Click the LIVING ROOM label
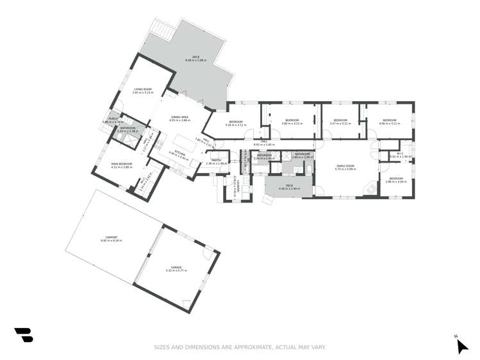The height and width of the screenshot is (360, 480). (x=142, y=89)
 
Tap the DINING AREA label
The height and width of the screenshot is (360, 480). (x=179, y=117)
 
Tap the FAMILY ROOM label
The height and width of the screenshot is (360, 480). (x=346, y=166)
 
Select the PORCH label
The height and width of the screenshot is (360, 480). (x=113, y=119)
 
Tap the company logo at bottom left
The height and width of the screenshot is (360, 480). (x=24, y=335)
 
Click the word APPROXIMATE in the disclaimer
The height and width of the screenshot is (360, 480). (x=244, y=347)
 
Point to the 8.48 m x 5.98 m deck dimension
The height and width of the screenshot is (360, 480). (x=195, y=60)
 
